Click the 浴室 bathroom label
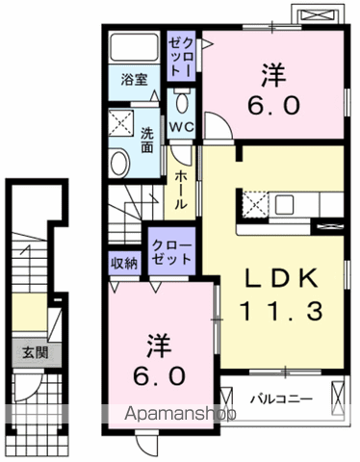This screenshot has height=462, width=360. pos(134,80)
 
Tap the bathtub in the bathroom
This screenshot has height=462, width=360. pos(134,46)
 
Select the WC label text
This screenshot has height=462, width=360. pos(181,127)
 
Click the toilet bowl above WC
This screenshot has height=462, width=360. pos(182,101)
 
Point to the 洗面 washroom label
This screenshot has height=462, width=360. pos(147,141)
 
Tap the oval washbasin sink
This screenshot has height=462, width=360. pos(118,164)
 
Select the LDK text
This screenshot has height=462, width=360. pos(281,278)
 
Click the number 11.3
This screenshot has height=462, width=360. pos(281,311)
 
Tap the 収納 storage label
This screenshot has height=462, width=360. pos(124,264)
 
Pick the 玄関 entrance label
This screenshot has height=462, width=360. pos(36,353)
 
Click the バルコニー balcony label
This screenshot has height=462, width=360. pos(282,399)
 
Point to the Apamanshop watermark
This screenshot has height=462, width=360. pos(180,414)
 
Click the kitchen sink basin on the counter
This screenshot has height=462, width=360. pos(284,205)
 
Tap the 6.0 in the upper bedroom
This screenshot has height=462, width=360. pos(273,106)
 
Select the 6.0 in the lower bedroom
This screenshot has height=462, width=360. pos(160,376)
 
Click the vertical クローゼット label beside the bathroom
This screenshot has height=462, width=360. pos(182,57)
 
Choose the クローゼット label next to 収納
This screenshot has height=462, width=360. pos(171,252)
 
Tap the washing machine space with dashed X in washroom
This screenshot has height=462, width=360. pos(120,123)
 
